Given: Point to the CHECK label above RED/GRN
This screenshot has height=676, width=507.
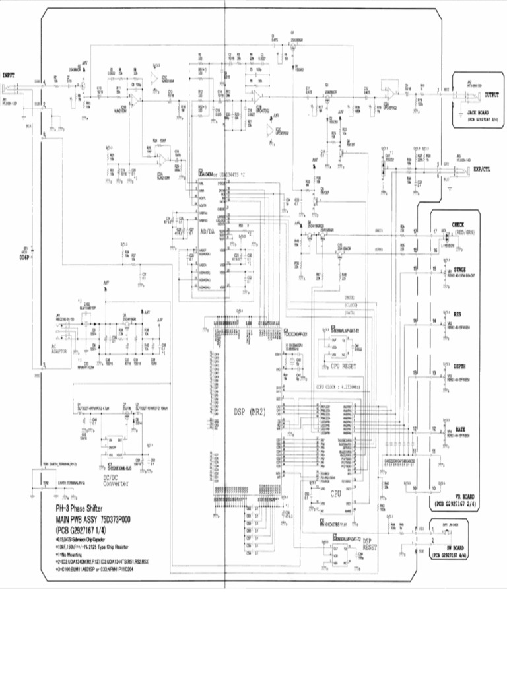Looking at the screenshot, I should (457, 224).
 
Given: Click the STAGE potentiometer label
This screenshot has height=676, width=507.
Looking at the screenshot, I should (459, 269).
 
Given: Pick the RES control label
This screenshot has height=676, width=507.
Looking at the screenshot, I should (457, 313).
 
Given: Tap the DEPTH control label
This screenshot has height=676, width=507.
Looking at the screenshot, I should (459, 365).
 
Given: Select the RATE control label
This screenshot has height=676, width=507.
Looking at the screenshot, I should (459, 429).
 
